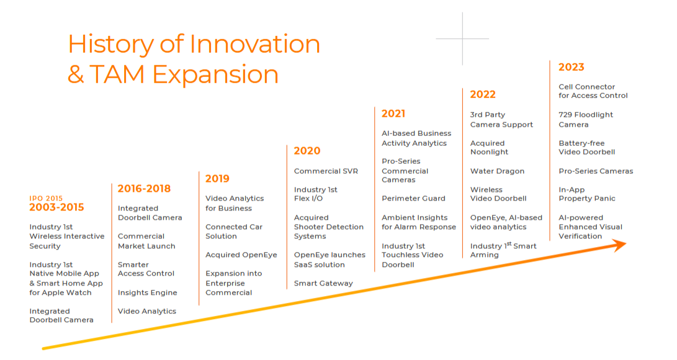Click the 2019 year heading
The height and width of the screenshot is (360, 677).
pyautogui.click(x=217, y=179)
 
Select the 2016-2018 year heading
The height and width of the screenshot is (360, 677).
pyautogui.click(x=144, y=189)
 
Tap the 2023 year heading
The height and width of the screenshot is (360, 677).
pyautogui.click(x=572, y=67)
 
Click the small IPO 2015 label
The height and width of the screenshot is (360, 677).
pyautogui.click(x=46, y=199)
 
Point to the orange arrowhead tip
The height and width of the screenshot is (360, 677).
pyautogui.click(x=626, y=245)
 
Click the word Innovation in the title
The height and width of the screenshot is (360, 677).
pyautogui.click(x=254, y=44)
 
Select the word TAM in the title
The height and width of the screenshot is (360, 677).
pyautogui.click(x=117, y=74)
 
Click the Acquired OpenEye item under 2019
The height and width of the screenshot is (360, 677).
pyautogui.click(x=241, y=255)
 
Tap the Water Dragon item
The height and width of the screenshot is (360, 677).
pyautogui.click(x=498, y=171)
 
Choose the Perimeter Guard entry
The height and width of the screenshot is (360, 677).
pyautogui.click(x=413, y=199)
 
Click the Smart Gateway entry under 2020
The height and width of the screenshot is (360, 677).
pyautogui.click(x=323, y=284)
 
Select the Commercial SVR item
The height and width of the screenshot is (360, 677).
pyautogui.click(x=326, y=171)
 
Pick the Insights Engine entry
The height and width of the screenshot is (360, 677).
pyautogui.click(x=147, y=293)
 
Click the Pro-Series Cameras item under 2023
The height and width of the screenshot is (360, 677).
pyautogui.click(x=596, y=171)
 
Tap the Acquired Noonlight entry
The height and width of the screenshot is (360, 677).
pyautogui.click(x=489, y=148)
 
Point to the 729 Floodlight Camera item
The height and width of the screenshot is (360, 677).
pyautogui.click(x=586, y=120)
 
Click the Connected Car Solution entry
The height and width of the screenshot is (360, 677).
pyautogui.click(x=234, y=232)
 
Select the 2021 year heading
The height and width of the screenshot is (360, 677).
pyautogui.click(x=393, y=114)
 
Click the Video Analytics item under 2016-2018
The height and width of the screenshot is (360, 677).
pyautogui.click(x=147, y=311)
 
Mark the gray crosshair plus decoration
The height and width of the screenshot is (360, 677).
pyautogui.click(x=462, y=39)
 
